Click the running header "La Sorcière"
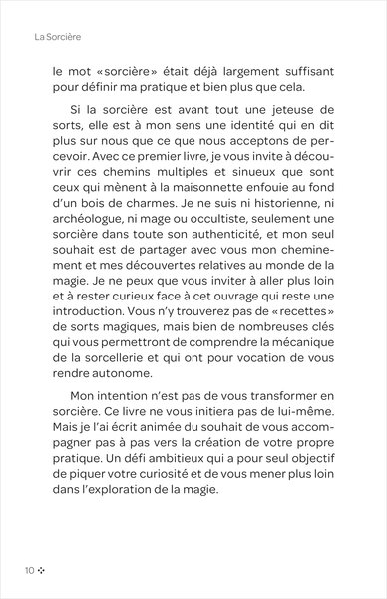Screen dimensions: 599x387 56,37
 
